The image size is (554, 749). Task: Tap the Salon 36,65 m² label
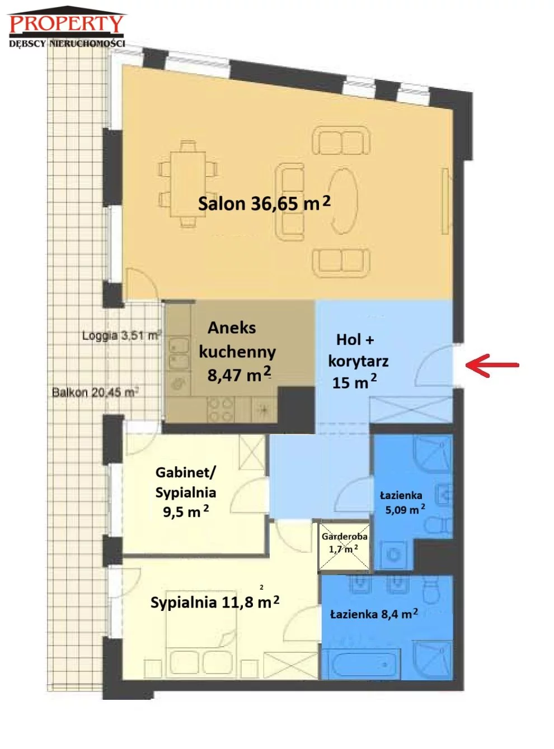(x=264, y=203)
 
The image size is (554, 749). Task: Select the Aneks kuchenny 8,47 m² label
(x=238, y=352)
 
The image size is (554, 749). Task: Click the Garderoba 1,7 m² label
(x=344, y=542)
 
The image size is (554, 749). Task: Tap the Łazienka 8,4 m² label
(x=374, y=614)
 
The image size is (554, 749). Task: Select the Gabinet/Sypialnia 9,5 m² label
(x=185, y=492)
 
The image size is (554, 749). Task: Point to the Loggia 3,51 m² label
(x=121, y=335)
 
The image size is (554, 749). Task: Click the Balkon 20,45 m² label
(x=95, y=392)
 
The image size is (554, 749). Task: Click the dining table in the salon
(x=188, y=184)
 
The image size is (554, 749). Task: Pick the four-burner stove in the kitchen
(x=220, y=409)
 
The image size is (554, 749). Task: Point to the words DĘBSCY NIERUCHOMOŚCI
(x=67, y=43)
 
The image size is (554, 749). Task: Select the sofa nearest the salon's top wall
(x=341, y=140)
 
